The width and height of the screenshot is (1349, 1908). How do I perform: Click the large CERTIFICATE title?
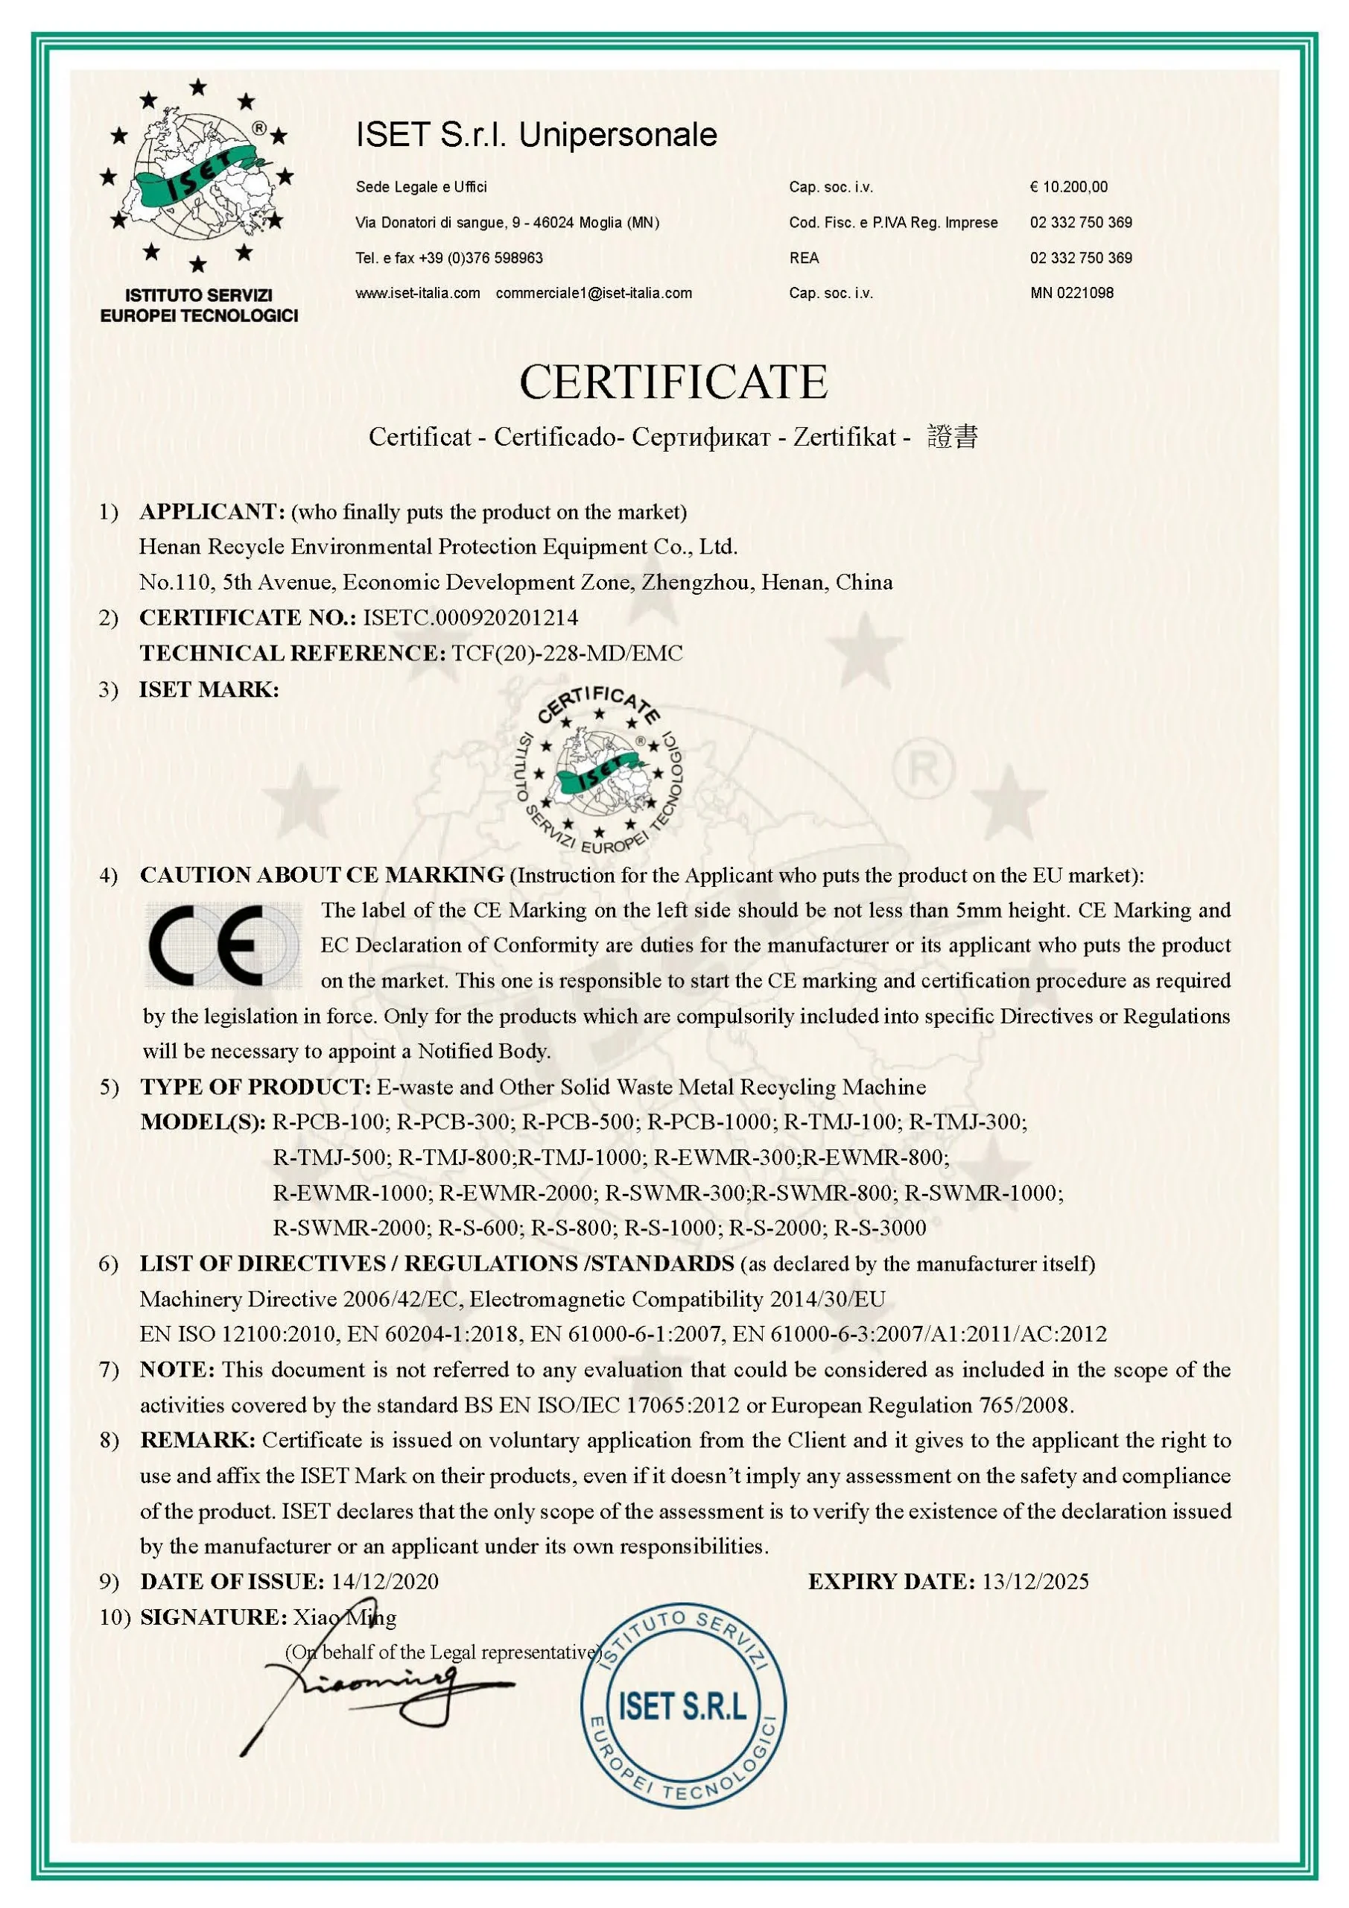pos(673,382)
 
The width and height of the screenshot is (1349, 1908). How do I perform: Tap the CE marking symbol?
pos(223,946)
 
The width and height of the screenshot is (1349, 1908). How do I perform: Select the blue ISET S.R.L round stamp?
pos(683,1707)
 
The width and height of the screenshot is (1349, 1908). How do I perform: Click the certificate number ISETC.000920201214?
pos(471,617)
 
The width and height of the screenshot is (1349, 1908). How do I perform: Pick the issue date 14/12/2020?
pos(384,1582)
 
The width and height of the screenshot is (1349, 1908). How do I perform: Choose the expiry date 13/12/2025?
pos(1035,1582)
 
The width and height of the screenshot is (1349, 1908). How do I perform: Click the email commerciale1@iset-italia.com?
pos(594,292)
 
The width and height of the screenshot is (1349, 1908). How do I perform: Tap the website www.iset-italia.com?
pos(418,292)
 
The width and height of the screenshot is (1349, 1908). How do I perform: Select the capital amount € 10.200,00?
pos(1068,187)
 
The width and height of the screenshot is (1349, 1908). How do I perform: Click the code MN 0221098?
pos(1072,292)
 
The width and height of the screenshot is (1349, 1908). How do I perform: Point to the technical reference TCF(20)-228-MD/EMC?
pos(568,653)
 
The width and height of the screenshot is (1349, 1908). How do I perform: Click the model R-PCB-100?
pos(330,1122)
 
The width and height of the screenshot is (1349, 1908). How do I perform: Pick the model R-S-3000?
pos(880,1228)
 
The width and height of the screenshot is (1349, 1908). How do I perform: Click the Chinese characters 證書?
pos(953,437)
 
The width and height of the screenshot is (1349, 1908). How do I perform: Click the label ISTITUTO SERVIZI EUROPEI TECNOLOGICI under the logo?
pos(199,305)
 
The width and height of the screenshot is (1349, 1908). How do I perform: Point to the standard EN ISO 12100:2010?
pos(238,1335)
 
